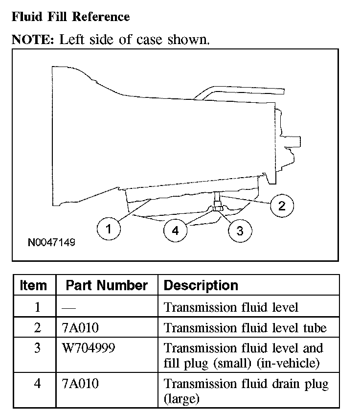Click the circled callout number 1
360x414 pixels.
108,228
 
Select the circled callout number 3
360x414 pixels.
240,230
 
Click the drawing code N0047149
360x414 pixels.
51,242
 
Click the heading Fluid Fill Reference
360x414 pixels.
70,17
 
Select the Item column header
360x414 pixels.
34,285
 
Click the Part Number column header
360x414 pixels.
106,285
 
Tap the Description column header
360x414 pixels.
201,285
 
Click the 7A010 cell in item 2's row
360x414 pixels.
80,327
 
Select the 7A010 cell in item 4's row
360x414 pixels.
80,384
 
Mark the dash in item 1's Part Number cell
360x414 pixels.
68,307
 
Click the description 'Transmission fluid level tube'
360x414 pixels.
245,327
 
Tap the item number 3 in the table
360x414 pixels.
38,348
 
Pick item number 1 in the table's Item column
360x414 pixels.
38,307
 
